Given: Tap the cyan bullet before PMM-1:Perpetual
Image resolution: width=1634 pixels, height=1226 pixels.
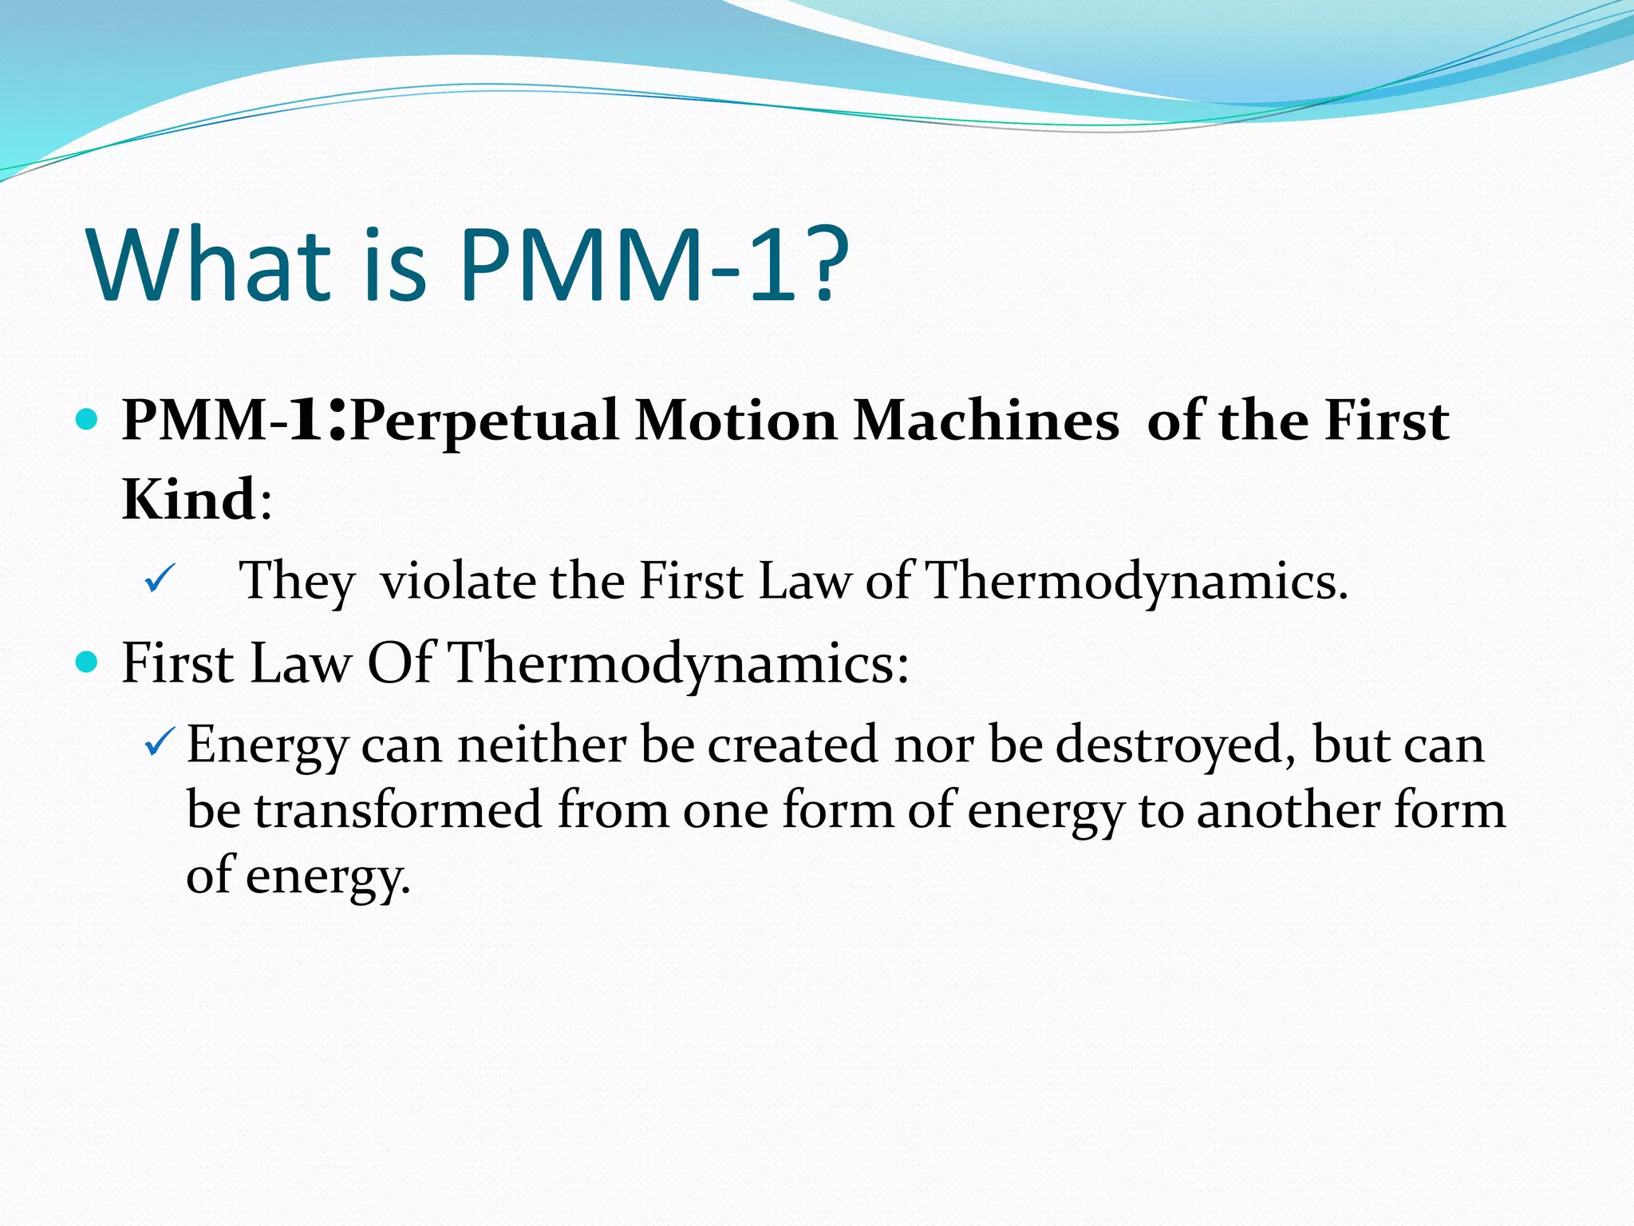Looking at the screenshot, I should click(86, 418).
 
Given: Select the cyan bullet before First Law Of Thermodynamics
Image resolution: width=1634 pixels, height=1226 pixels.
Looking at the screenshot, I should click(86, 662).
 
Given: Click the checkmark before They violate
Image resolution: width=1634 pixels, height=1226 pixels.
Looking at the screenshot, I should click(160, 578).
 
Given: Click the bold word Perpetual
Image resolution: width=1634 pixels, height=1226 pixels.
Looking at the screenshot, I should click(484, 421).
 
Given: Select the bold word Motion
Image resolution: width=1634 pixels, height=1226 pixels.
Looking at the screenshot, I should click(736, 421).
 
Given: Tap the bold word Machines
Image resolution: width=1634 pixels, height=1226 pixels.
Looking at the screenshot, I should click(986, 421).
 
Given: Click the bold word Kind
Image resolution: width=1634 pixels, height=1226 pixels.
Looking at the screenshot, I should click(189, 500).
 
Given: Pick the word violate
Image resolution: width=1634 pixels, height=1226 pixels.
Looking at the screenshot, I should click(458, 580).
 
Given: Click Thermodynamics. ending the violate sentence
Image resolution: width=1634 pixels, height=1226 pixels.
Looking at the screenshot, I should click(1138, 582).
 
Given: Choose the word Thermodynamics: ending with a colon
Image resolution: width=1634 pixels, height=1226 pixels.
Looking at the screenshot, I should click(678, 664).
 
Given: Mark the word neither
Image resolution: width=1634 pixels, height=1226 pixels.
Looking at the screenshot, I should click(542, 744).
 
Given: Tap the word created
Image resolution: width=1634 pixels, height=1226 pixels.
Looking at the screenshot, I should click(793, 744).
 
